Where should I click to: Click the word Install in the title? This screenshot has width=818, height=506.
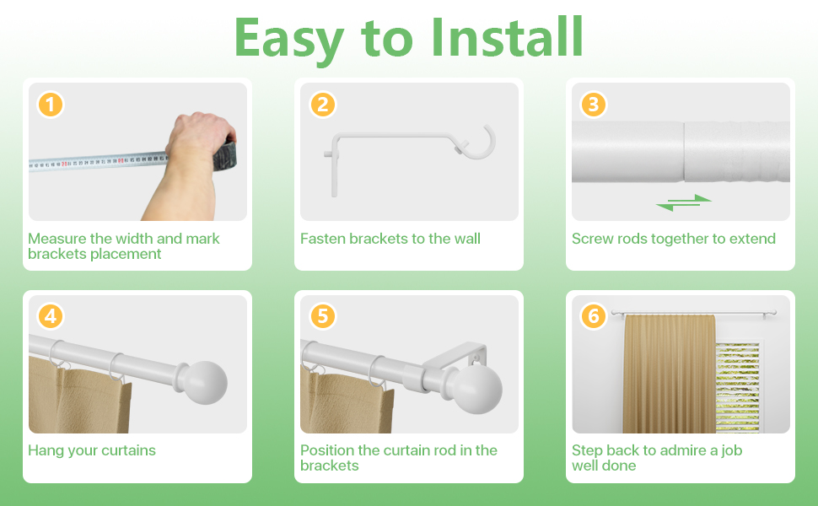point(506,37)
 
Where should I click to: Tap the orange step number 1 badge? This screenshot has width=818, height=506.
point(51,105)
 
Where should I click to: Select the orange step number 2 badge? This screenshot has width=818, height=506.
point(322,105)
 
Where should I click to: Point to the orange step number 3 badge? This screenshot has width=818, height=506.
point(594,105)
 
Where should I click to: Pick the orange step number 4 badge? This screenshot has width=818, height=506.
point(51,316)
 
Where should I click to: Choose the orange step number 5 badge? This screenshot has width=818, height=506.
point(322,316)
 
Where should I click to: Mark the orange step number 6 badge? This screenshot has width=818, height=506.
point(594,316)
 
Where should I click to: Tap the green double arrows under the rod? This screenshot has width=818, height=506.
point(684,202)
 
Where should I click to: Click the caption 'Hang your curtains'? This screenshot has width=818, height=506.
point(92,450)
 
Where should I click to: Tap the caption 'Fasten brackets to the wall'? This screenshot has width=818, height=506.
point(390,239)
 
